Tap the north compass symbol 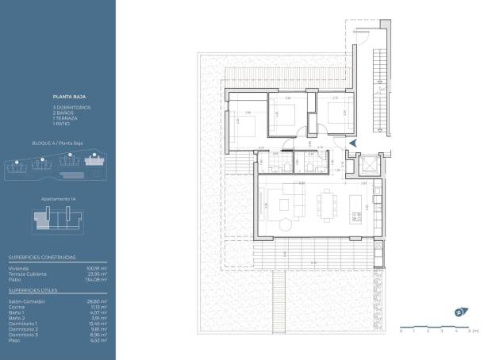click(459, 312)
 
